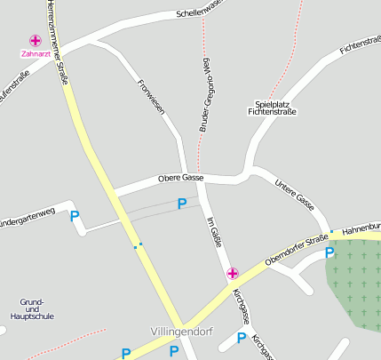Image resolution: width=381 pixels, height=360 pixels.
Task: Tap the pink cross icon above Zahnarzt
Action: coord(36,41)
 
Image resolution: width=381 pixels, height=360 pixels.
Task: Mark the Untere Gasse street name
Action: coord(295,188)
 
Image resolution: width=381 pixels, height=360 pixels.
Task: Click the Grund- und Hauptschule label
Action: coord(32,309)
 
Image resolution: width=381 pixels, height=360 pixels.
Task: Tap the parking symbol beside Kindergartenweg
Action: coord(75,215)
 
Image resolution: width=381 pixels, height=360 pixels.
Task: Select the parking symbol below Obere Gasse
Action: coord(182,204)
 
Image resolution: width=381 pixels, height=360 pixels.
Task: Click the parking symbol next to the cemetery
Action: coord(330,253)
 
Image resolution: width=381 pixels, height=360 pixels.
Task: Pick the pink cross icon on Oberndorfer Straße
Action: coord(233,273)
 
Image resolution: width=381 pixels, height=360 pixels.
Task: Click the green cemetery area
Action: coord(355,284)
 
